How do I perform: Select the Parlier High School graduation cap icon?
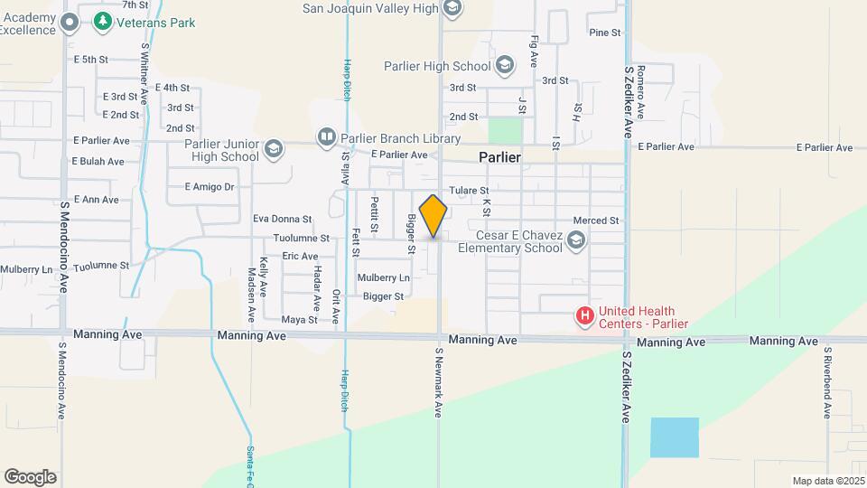(504, 65)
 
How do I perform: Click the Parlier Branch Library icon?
(326, 137)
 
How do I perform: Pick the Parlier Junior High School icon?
(273, 148)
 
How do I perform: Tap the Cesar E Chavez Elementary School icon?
(576, 239)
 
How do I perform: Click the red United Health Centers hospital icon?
(585, 316)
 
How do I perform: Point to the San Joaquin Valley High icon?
(452, 9)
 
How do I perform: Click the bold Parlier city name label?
(499, 157)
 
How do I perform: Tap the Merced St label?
(596, 221)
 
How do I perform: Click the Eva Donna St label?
(282, 219)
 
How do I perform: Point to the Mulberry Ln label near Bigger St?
(383, 277)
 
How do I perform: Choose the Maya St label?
(299, 320)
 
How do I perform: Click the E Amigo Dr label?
(209, 187)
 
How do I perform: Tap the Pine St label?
(605, 33)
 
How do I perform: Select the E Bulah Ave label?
(98, 161)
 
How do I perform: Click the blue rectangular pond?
(675, 437)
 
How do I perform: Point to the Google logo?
(30, 477)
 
